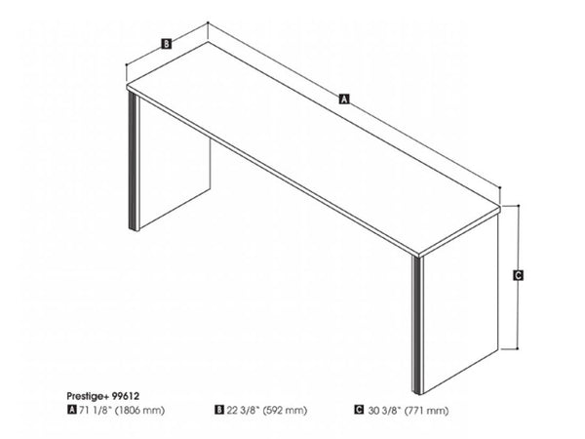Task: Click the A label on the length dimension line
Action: tap(343, 99)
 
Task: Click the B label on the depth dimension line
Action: tap(167, 44)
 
